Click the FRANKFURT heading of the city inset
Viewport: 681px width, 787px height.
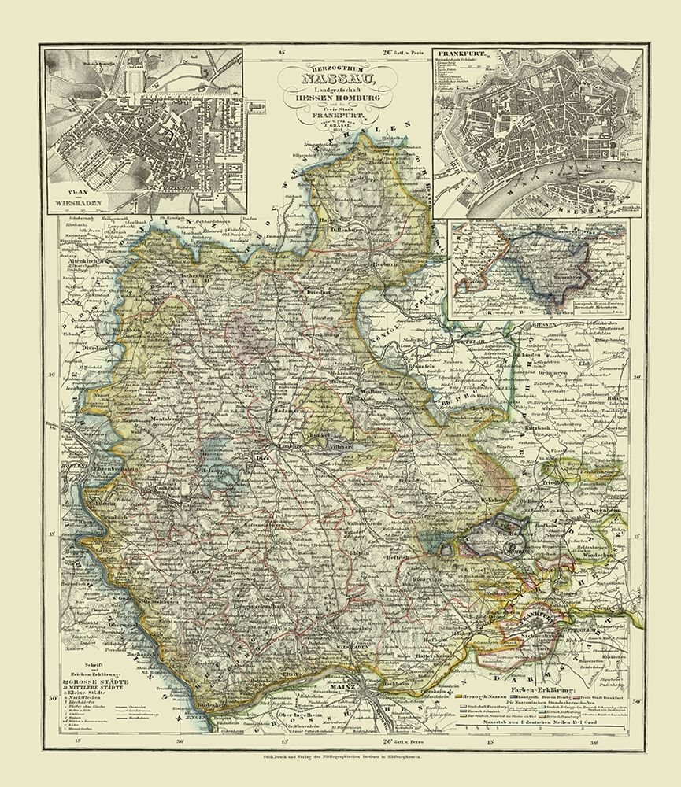pos(463,57)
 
